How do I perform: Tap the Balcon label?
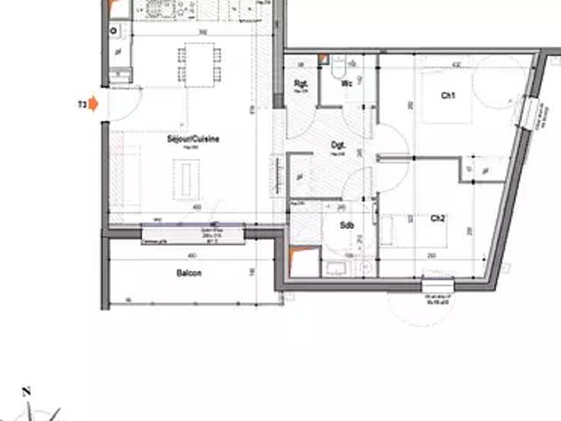coord(188,274)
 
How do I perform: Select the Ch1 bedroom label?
coord(448,96)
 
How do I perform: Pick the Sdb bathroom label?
coord(347,225)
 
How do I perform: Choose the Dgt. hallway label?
coord(337,146)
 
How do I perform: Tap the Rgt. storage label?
coord(299,85)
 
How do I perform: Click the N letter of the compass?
coord(26,391)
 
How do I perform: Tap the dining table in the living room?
coord(195,63)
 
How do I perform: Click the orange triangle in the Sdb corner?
coord(300,260)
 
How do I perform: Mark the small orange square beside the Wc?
coord(323,60)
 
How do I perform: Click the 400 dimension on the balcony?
coord(192,255)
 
